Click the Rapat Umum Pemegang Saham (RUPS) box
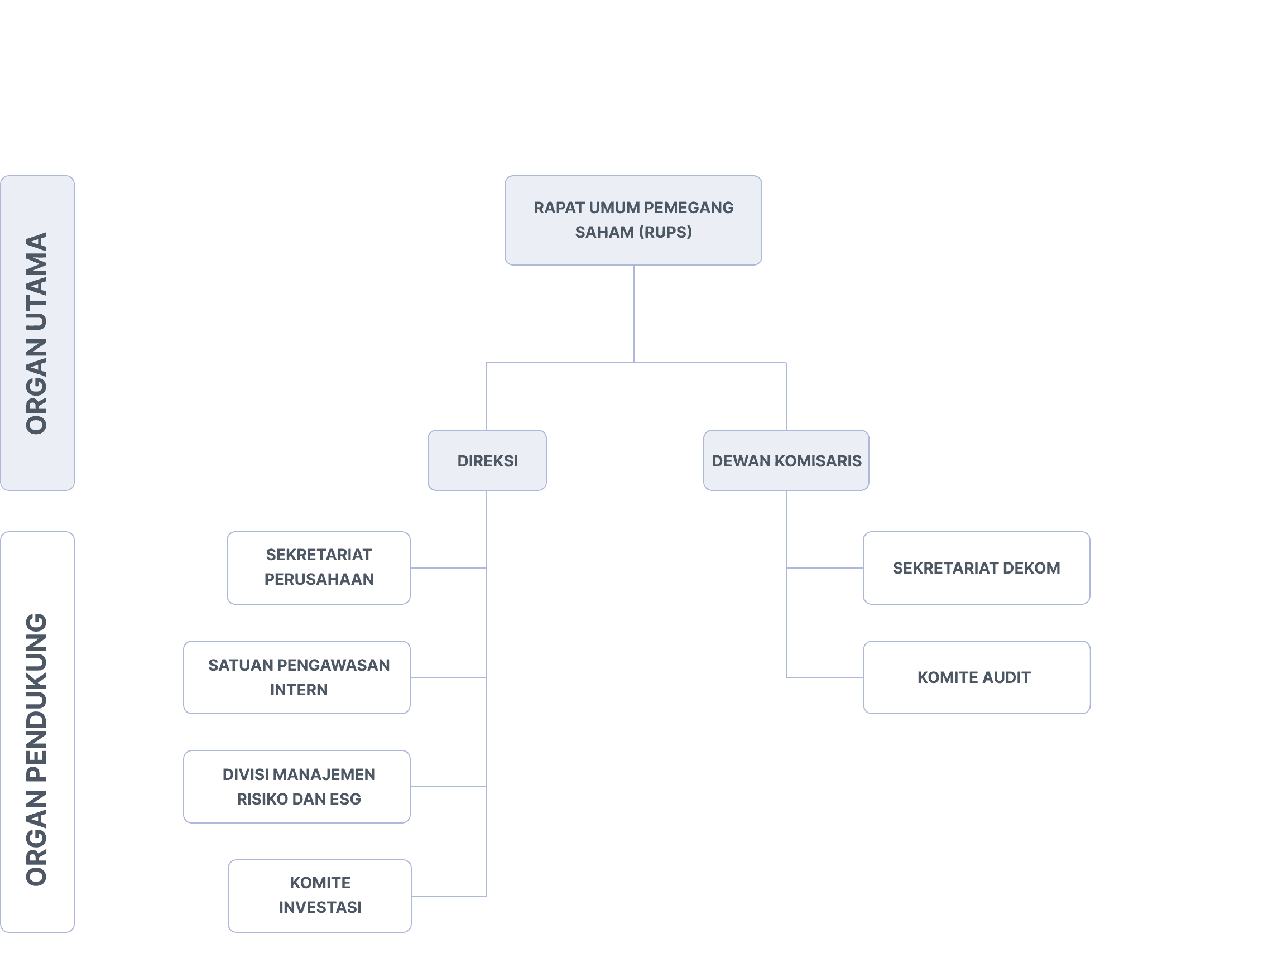tap(633, 220)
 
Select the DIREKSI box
tap(487, 460)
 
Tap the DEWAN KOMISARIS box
tap(786, 460)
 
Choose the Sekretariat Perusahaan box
tap(318, 568)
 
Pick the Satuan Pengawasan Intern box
tap(296, 677)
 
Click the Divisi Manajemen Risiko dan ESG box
tap(296, 787)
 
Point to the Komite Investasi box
tap(319, 896)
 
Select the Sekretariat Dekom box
tap(976, 568)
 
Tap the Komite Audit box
tap(976, 677)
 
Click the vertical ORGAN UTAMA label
tap(37, 333)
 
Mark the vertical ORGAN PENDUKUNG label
tap(37, 749)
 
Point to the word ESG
tap(345, 799)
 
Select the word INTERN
tap(299, 690)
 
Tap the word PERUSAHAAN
tap(319, 579)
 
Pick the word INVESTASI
tap(320, 907)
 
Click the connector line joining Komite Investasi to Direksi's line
tap(449, 896)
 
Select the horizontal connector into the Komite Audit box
tap(824, 677)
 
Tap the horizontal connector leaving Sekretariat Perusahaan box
tap(448, 568)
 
